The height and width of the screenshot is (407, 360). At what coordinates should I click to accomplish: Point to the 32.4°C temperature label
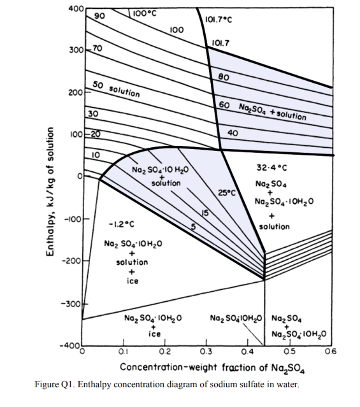(272, 169)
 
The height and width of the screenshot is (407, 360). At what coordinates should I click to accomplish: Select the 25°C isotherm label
(227, 192)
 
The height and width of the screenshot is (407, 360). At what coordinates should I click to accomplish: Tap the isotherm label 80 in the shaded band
(223, 77)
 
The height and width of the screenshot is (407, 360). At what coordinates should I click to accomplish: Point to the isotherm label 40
(232, 133)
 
